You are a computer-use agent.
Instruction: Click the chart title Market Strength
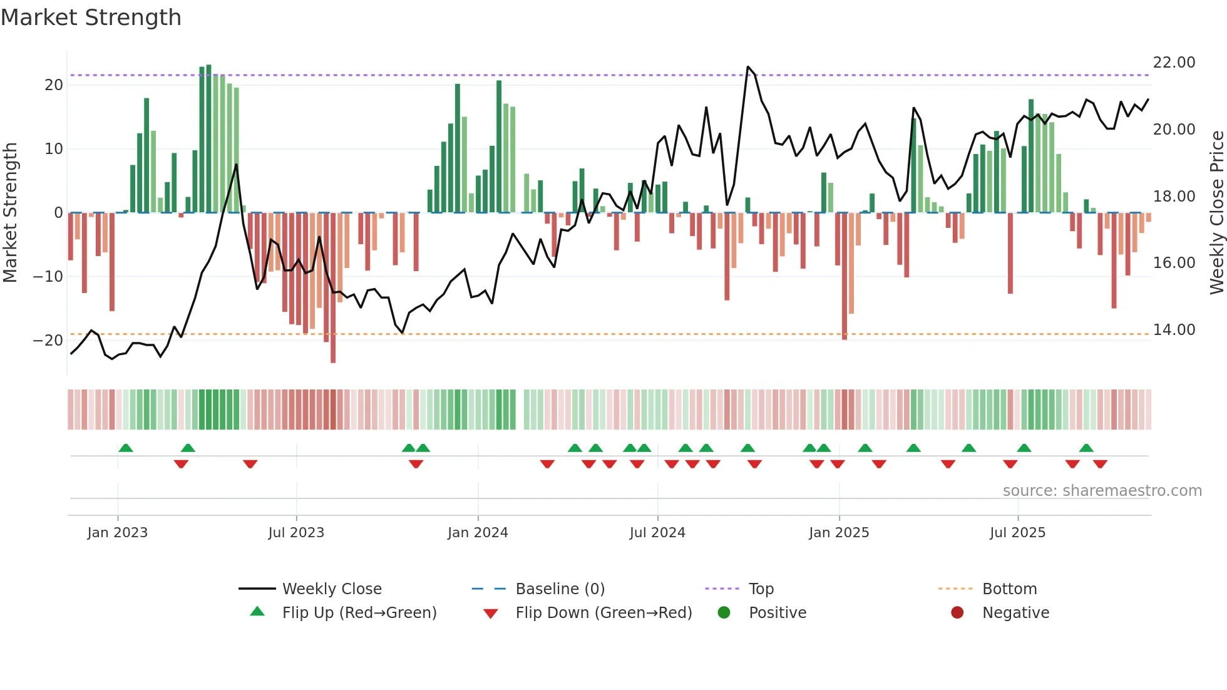tap(91, 18)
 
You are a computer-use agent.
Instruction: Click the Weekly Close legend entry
tap(331, 589)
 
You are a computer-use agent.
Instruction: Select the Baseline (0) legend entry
tap(560, 589)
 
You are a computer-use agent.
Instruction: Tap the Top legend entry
tap(761, 589)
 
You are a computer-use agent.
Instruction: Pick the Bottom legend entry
tap(1009, 589)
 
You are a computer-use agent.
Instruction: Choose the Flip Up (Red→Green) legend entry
tap(359, 612)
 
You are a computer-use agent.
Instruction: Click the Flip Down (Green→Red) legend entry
tap(603, 612)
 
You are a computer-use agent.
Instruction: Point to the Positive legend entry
tap(777, 612)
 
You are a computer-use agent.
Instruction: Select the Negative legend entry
tap(1015, 612)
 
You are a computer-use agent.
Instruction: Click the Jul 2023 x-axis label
tap(296, 532)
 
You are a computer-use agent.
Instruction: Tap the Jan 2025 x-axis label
tap(839, 532)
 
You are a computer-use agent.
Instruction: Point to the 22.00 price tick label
tap(1174, 63)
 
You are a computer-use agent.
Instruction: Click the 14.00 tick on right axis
tap(1174, 330)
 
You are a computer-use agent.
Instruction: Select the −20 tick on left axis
tap(48, 341)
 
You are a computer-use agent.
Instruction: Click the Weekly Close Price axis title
tap(1216, 213)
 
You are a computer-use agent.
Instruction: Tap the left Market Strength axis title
tap(10, 213)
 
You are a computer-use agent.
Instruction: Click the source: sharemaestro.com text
tap(1102, 490)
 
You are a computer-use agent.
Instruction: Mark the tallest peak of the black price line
tap(747, 66)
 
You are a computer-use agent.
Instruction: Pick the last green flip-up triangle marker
tap(1086, 448)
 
